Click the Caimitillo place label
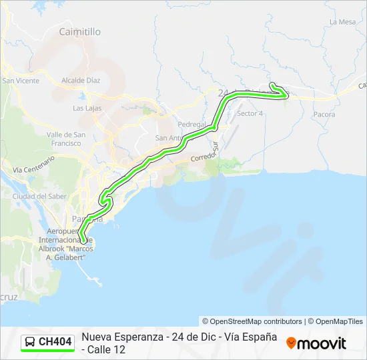pos(79,31)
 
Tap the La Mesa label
pos(342,22)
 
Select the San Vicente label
pos(21,81)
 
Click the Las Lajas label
pos(87,108)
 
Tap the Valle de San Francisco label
pos(65,139)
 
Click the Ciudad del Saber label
pos(39,197)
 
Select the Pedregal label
pos(192,125)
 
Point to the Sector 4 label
pos(250,113)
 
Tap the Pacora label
pos(324,115)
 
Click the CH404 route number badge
pos(55,342)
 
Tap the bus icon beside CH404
pos(30,342)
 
